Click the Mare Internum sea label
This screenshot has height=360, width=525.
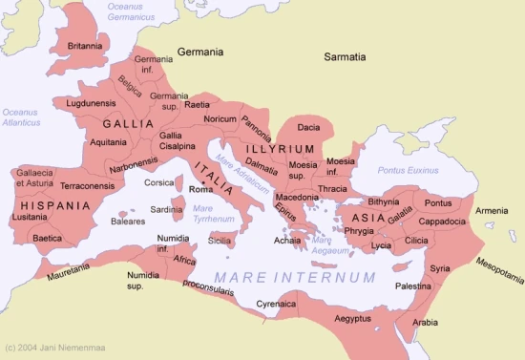point(294,277)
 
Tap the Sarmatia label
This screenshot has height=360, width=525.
point(345,57)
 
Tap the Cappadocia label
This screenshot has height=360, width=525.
point(441,221)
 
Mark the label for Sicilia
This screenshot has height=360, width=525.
point(220,242)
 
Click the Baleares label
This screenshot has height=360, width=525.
point(127,222)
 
